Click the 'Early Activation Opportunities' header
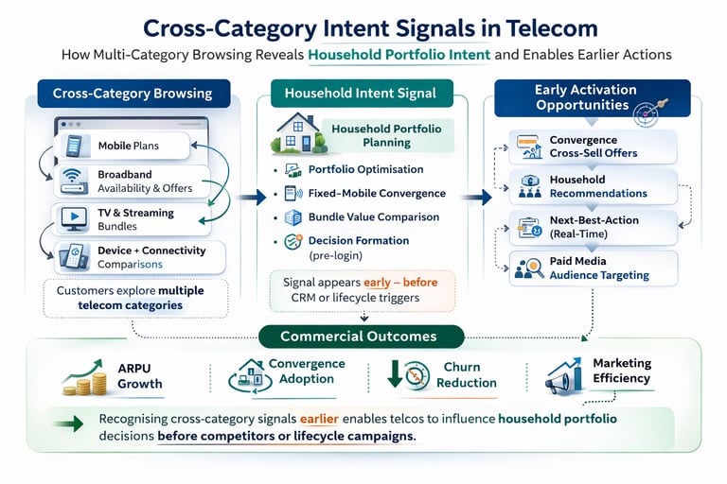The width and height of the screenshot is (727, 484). [x=585, y=97]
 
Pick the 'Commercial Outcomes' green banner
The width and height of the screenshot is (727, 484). [x=359, y=337]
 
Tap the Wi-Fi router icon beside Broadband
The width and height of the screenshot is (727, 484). [x=73, y=181]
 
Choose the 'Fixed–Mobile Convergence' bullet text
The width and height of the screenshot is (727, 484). [x=377, y=194]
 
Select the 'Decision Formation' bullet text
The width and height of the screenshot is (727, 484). [x=359, y=241]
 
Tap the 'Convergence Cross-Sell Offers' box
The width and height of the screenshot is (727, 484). [x=594, y=147]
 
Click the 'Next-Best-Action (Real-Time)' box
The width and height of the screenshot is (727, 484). [x=594, y=227]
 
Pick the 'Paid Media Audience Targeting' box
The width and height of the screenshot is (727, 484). [x=594, y=268]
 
